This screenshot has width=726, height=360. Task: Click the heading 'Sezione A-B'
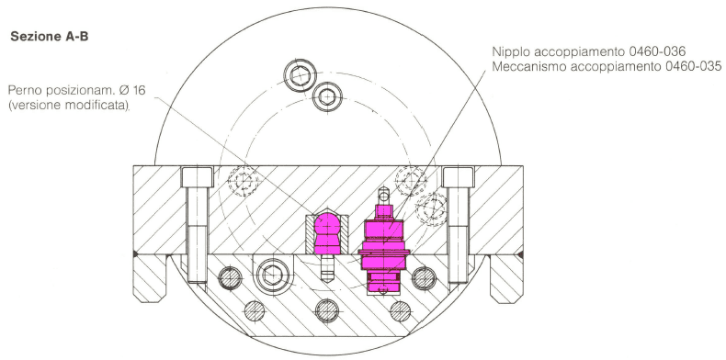click(x=49, y=37)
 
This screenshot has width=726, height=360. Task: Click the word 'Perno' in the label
click(x=23, y=90)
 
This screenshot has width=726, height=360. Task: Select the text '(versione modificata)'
click(x=69, y=105)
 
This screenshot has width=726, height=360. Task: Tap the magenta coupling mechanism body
click(x=384, y=249)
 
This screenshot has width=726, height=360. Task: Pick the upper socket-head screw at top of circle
click(x=301, y=75)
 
